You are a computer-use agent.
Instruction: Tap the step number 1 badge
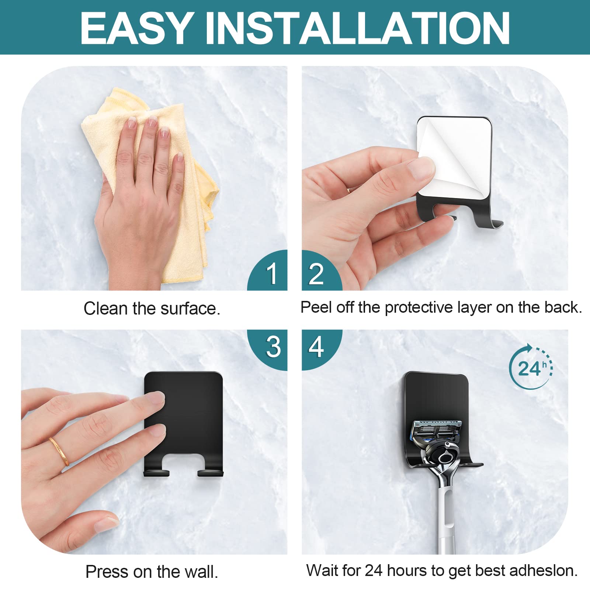(x=268, y=270)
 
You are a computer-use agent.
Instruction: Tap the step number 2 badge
(x=322, y=270)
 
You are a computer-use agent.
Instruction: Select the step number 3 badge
(x=268, y=350)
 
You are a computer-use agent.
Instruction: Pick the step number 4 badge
(x=322, y=350)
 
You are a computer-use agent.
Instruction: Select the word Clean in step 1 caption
(x=106, y=308)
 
